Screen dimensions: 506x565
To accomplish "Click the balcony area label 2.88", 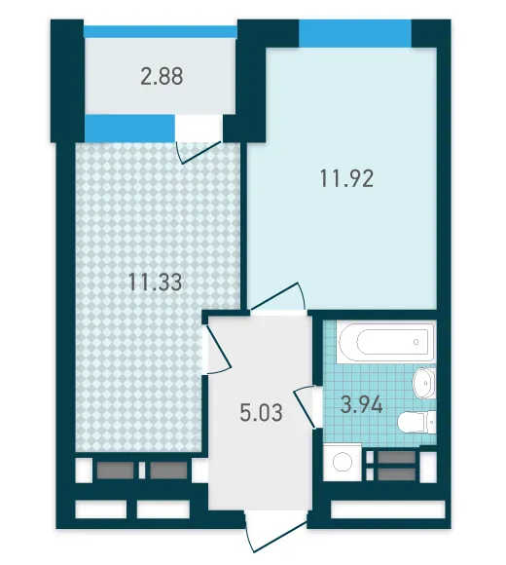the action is (x=162, y=76).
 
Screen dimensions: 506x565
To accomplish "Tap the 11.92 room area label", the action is (x=346, y=178).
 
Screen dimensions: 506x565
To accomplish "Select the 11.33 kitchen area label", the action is (x=155, y=282).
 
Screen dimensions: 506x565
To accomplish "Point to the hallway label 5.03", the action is (x=262, y=413).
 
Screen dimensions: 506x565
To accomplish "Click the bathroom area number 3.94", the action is (x=361, y=405).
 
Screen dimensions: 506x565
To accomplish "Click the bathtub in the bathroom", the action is (x=386, y=342).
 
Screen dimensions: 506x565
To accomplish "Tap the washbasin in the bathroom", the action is (x=424, y=383).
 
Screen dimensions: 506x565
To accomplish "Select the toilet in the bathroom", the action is (x=417, y=422).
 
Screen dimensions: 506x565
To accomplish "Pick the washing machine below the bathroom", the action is (x=343, y=463).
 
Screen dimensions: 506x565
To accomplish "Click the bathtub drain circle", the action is (x=416, y=342).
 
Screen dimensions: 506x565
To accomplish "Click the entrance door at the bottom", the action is (x=276, y=532).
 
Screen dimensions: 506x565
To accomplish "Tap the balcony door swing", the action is (x=199, y=152).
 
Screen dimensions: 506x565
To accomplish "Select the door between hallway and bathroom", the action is (x=305, y=406).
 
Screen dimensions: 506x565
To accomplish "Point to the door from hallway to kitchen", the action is (x=217, y=349).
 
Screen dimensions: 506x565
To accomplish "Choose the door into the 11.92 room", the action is (x=278, y=297).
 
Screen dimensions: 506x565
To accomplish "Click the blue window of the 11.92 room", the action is (x=355, y=33).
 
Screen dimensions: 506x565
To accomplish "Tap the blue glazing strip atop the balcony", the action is (x=161, y=32).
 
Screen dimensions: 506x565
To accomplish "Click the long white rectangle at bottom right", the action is (x=388, y=509).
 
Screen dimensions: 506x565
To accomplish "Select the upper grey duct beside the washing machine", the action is (x=397, y=457).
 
